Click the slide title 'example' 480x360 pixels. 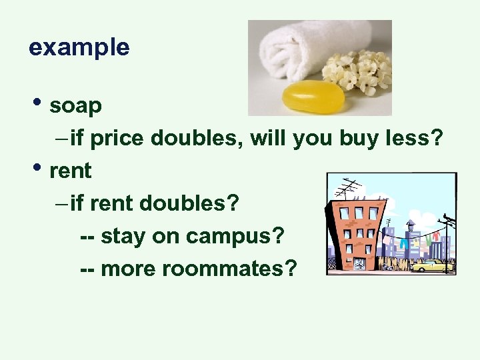point(79,47)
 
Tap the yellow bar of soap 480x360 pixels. point(313,97)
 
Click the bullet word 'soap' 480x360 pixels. point(75,105)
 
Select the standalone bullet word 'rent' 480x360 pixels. point(70,171)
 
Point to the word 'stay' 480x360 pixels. point(123,236)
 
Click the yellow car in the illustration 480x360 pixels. point(431,266)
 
